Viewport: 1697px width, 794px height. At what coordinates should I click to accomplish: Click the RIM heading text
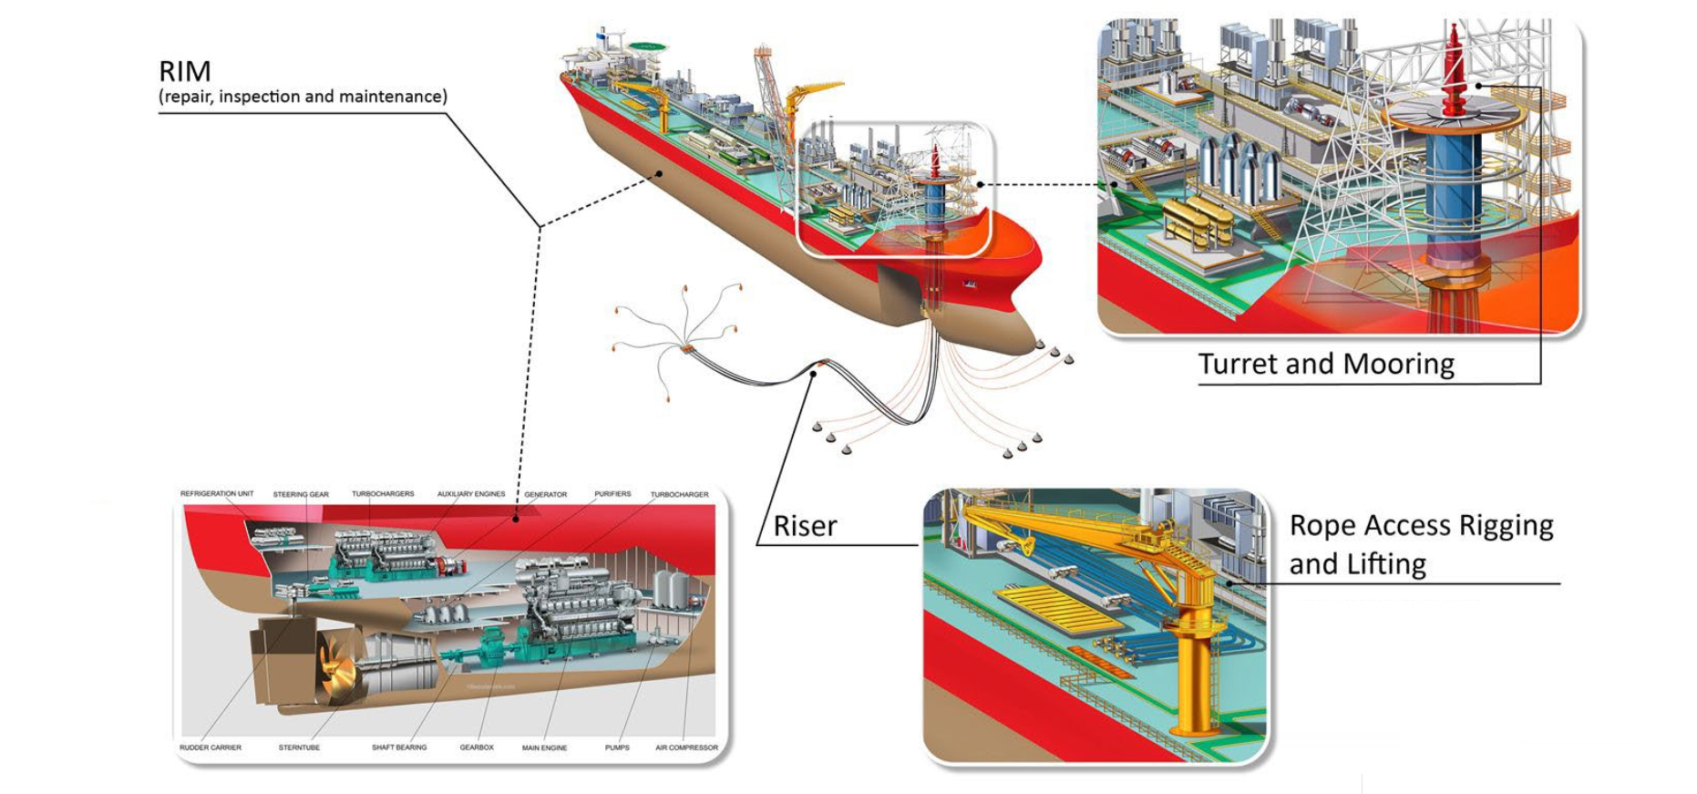185,71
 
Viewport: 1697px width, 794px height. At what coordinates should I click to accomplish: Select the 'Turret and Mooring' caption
1325,364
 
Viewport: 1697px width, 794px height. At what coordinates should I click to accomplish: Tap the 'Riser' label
805,526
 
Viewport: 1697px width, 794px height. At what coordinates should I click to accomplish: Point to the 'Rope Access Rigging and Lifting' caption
1420,544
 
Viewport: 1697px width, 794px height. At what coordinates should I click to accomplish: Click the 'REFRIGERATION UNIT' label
217,493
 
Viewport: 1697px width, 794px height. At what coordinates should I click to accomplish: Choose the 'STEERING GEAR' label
301,494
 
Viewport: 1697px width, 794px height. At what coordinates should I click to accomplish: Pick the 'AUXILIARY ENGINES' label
470,494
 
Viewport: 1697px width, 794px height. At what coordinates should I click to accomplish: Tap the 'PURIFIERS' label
612,494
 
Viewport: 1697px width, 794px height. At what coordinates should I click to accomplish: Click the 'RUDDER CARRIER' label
211,748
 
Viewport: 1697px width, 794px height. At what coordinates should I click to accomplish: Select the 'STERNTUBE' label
299,748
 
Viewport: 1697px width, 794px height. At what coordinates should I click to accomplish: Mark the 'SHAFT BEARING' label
399,748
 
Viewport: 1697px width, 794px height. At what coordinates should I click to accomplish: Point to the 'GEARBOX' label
477,748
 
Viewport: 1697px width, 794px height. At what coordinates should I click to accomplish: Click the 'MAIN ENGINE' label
544,748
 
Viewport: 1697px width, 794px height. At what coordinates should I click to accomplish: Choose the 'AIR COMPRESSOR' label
686,748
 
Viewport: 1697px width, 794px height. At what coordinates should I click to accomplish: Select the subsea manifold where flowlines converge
685,348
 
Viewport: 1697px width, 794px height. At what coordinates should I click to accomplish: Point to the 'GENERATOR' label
545,494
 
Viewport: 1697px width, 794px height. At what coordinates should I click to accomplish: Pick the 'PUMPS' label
617,748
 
